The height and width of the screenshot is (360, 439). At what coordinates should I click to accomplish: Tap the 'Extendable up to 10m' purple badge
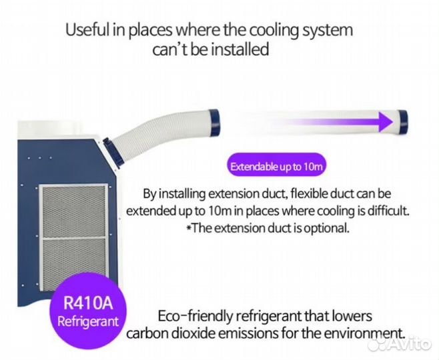click(276, 167)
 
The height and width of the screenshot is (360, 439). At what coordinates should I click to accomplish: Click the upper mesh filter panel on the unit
click(73, 210)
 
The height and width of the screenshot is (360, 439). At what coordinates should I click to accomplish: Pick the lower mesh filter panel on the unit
click(73, 263)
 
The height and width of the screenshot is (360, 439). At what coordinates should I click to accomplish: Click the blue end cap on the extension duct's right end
click(404, 122)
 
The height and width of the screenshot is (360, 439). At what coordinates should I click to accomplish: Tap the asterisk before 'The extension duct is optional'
click(189, 227)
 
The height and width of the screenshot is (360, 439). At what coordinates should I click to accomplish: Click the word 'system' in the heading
click(327, 30)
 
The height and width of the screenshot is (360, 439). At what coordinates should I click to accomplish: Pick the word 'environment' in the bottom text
click(364, 333)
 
